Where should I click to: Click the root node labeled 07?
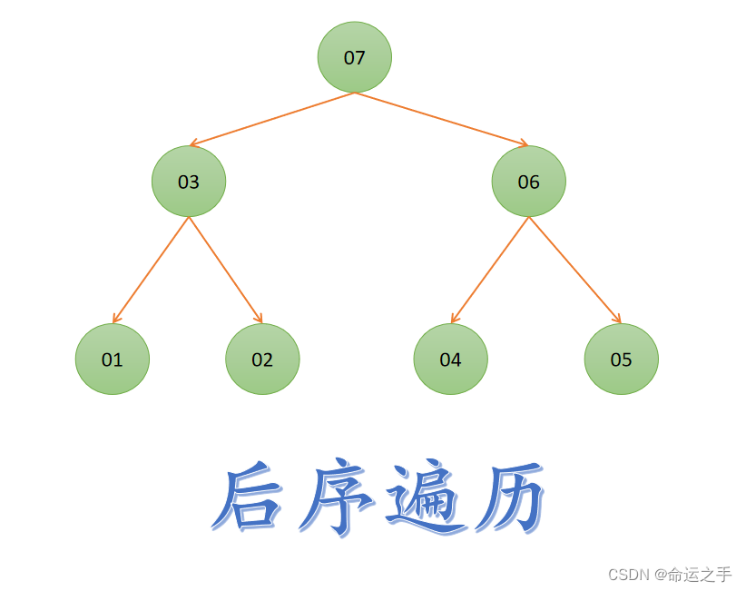coord(354,57)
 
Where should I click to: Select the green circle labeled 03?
coord(188,182)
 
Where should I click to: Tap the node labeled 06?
coord(528,182)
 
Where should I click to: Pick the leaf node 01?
coord(112,360)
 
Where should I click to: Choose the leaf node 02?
coord(262,360)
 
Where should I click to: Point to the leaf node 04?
coord(450,360)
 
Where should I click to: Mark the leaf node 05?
coord(621,360)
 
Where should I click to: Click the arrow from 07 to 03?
coord(272,119)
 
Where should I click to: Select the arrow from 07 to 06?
coord(441,119)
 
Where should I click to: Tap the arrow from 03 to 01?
coord(151,270)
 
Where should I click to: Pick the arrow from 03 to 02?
coord(225,270)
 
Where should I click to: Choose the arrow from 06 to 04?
coord(490,270)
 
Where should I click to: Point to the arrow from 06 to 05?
coord(574,270)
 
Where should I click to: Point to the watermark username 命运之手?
coord(700,575)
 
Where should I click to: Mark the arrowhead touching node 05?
coord(618,320)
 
